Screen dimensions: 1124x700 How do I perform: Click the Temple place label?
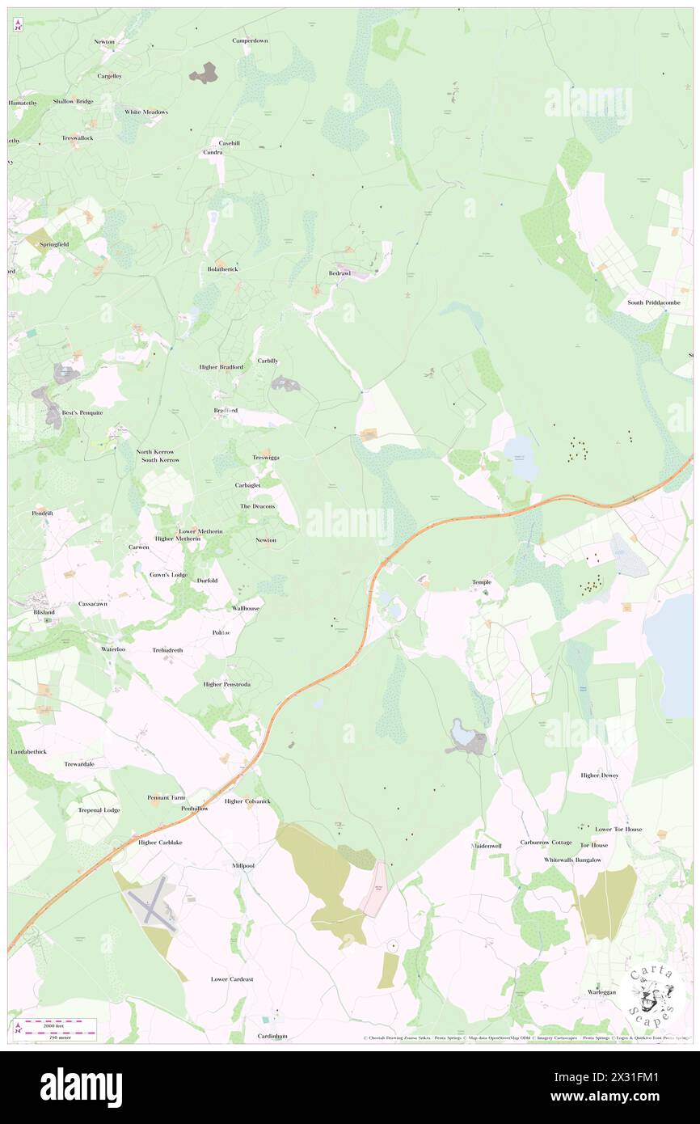pos(482,582)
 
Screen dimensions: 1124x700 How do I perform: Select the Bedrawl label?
pos(339,273)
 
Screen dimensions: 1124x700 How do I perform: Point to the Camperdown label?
pos(250,40)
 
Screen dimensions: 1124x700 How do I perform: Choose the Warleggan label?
pos(601,991)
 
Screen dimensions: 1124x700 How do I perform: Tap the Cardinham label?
pos(272,1036)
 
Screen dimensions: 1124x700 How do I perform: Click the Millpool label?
pos(243,865)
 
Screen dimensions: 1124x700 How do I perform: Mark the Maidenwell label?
pos(487,846)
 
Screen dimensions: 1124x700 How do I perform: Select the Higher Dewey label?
pos(599,775)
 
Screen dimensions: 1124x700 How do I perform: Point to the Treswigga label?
pos(265,458)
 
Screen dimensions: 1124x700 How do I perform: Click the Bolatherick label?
pos(222,268)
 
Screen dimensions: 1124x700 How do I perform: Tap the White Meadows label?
pos(146,112)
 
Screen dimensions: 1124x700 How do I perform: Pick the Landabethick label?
pos(28,751)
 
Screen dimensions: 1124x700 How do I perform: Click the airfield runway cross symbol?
pos(155,902)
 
